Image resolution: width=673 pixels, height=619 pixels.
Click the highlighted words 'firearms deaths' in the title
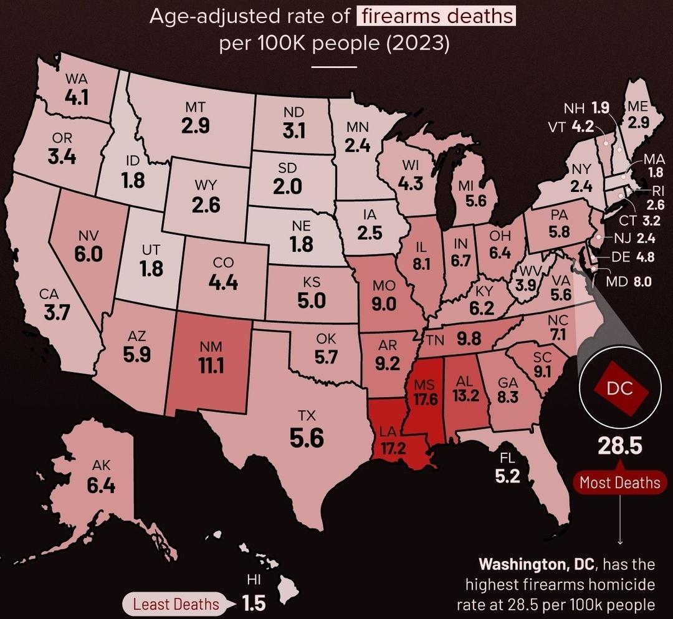(436, 16)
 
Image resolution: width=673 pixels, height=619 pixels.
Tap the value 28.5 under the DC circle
(620, 447)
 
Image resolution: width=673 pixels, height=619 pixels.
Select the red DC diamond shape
(621, 389)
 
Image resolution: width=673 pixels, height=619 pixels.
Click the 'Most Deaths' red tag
(619, 482)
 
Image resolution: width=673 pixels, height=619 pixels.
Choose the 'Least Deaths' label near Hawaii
(176, 603)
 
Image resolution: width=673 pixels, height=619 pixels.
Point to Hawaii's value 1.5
(254, 603)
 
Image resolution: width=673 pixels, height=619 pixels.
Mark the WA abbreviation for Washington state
(76, 80)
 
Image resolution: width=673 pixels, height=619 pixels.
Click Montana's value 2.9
(195, 126)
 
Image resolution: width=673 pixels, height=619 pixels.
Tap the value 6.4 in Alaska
(101, 485)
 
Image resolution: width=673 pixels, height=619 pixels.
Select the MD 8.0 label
(629, 281)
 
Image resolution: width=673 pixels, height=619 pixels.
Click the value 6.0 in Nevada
(88, 254)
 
